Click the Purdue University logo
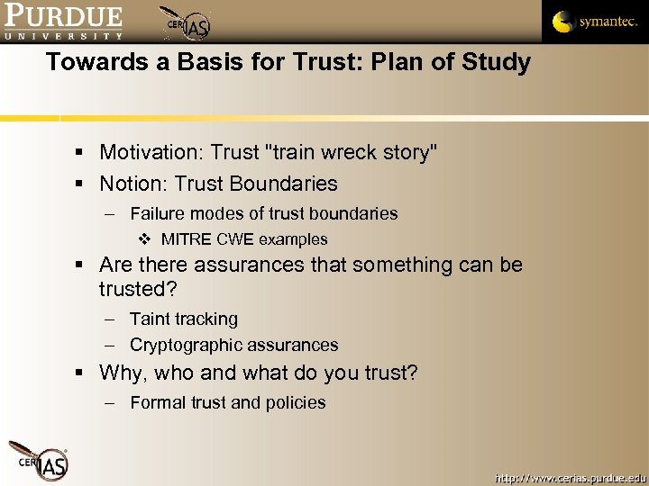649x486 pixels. pos(63,22)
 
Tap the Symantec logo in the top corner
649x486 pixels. pos(595,22)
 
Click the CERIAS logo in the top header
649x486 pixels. pos(186,23)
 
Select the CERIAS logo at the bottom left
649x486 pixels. pos(38,460)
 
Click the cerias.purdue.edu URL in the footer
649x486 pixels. pos(570,476)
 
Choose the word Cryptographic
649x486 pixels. pos(186,345)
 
